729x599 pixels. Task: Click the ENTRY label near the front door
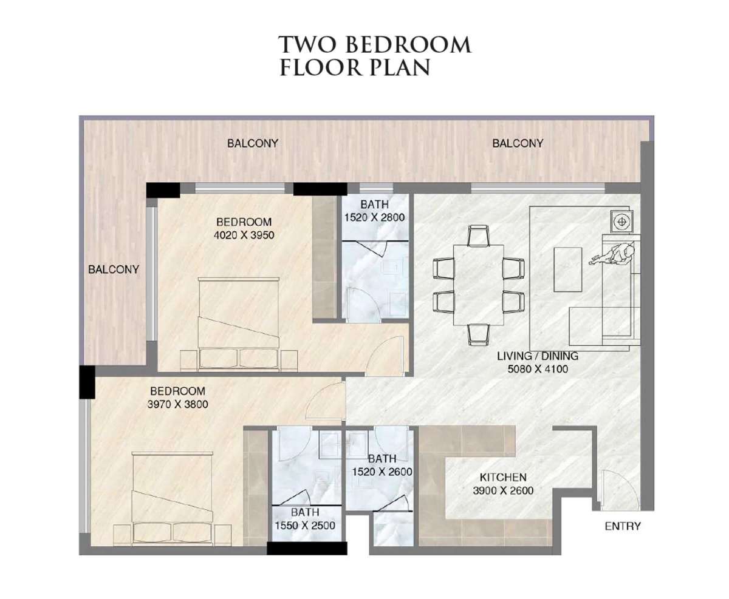[x=623, y=526]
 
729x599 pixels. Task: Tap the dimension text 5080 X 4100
[x=538, y=369]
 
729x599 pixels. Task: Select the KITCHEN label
[x=503, y=478]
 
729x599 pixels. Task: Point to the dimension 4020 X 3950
[x=244, y=235]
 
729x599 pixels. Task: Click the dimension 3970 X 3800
[x=177, y=404]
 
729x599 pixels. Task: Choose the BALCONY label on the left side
[x=114, y=269]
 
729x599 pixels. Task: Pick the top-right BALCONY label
[x=518, y=143]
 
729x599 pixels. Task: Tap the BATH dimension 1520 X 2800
[x=374, y=217]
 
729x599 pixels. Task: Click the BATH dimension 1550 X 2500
[x=305, y=526]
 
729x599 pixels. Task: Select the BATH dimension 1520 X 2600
[x=382, y=472]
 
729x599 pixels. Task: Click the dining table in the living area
[x=478, y=285]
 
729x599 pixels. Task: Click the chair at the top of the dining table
[x=478, y=236]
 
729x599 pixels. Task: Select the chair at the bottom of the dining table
[x=479, y=334]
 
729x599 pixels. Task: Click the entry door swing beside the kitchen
[x=619, y=490]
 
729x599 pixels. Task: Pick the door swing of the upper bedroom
[x=385, y=356]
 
